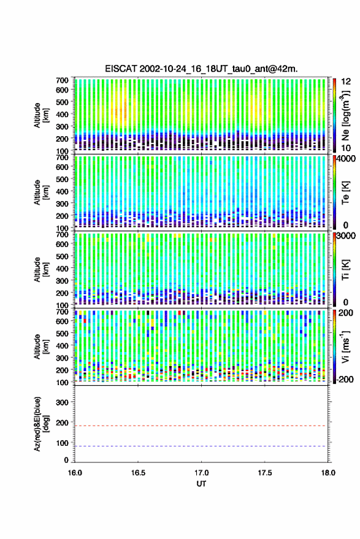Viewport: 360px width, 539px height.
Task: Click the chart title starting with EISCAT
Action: point(201,69)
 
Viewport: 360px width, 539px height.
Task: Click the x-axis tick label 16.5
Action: point(138,473)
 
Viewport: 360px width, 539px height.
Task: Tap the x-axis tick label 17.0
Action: point(201,473)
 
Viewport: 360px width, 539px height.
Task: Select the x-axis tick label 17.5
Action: point(264,473)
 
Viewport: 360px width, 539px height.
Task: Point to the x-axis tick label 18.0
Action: point(328,473)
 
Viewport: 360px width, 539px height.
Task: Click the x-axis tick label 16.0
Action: point(75,473)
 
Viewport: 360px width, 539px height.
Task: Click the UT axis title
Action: point(201,484)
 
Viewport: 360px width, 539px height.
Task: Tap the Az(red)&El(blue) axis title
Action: point(41,424)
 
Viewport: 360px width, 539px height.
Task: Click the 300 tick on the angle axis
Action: point(62,402)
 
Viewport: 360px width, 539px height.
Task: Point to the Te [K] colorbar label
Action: point(345,193)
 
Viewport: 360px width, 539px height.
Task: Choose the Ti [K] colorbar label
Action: point(345,270)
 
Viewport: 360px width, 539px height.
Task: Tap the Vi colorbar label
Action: point(345,346)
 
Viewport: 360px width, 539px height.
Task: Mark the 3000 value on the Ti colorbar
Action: point(347,235)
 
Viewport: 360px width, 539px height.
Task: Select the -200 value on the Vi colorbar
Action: point(345,380)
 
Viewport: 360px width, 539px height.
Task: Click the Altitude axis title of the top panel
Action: point(41,115)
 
